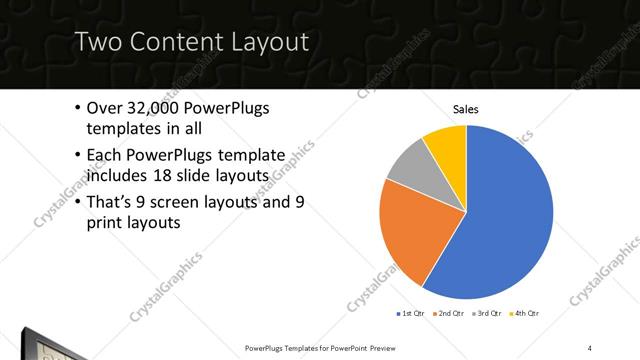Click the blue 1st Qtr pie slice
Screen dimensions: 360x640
505,215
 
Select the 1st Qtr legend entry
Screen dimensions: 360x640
411,314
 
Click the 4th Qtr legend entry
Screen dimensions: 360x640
528,314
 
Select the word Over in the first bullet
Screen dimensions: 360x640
107,108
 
